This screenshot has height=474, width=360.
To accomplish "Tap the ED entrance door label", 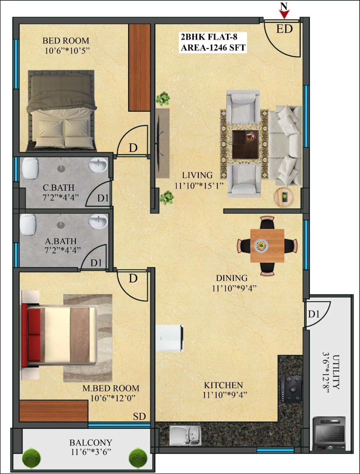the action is pyautogui.click(x=284, y=29).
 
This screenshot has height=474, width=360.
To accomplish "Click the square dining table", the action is pyautogui.click(x=267, y=246).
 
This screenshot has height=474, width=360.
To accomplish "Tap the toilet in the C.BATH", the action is pyautogui.click(x=31, y=168).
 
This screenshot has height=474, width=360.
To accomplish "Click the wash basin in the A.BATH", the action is pyautogui.click(x=99, y=221).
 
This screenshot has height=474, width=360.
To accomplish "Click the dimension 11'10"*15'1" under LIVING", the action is pyautogui.click(x=199, y=186).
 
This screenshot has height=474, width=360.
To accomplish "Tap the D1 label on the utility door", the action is pyautogui.click(x=313, y=314).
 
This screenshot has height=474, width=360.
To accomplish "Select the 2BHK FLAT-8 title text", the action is pyautogui.click(x=209, y=37).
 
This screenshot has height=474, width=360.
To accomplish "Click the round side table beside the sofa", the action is pyautogui.click(x=284, y=197).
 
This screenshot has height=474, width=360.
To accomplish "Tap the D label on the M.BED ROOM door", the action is pyautogui.click(x=133, y=279).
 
